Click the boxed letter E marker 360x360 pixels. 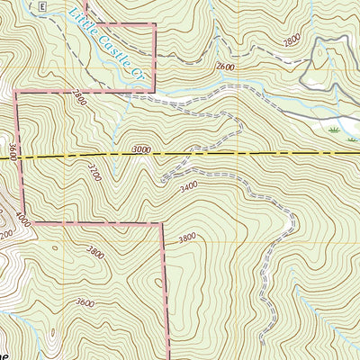42,5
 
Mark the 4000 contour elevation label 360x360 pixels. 22,217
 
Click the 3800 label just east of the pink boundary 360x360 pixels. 186,238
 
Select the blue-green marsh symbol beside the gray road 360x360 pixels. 335,130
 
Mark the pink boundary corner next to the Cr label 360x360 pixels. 155,91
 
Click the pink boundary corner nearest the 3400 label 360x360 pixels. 163,223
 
